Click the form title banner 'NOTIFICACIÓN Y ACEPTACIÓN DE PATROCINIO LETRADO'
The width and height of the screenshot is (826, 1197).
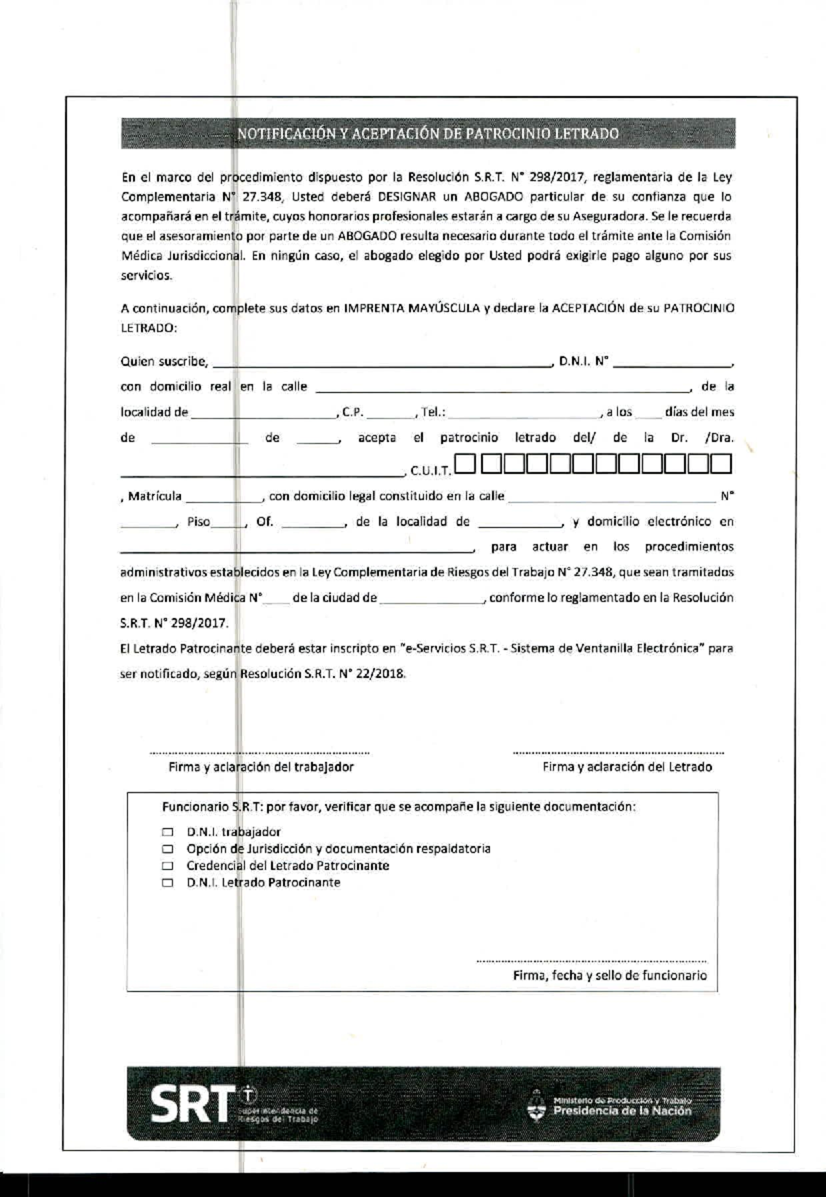tap(427, 134)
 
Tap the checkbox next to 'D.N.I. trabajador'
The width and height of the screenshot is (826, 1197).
tap(168, 832)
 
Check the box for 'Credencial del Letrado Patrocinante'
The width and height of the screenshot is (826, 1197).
tap(168, 866)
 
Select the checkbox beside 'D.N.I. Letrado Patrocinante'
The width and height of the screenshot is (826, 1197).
tap(168, 883)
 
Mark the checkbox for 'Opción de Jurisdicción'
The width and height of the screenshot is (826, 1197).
tap(168, 849)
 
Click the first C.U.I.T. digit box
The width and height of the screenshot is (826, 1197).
tap(465, 465)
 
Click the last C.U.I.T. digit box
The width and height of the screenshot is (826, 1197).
tap(721, 465)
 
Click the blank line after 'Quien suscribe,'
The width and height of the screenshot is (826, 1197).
tap(382, 362)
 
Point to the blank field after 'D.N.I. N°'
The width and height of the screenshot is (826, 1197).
tap(673, 362)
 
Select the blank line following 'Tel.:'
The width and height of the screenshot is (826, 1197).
tap(523, 413)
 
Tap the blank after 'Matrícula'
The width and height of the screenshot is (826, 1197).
tap(223, 497)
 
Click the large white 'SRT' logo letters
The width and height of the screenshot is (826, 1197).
tap(191, 1104)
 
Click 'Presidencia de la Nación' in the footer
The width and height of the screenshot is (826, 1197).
tap(622, 1110)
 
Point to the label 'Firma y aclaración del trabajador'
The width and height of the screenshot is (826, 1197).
tap(261, 767)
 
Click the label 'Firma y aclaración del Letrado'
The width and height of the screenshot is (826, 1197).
tap(627, 767)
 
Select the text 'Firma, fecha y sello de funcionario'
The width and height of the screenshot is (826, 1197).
tap(609, 975)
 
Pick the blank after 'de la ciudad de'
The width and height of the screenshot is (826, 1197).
tap(432, 599)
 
